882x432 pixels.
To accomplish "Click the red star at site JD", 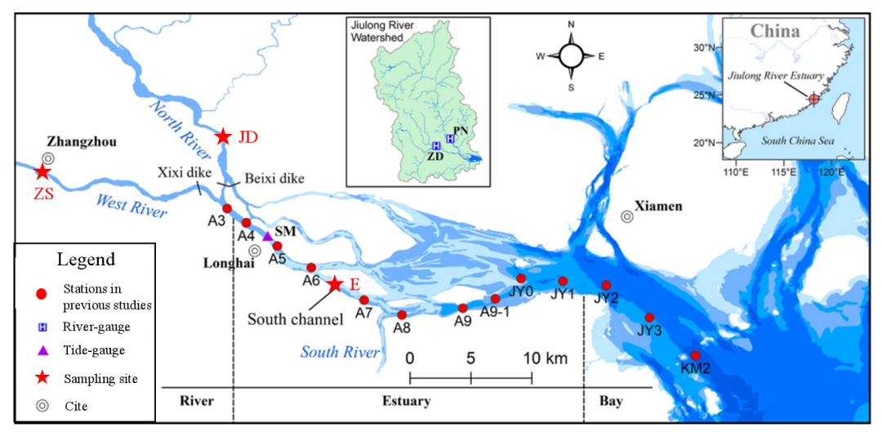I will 222,137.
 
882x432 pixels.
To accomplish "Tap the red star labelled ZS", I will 42,172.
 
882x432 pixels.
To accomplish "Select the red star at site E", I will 335,284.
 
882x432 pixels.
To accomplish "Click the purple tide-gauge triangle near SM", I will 267,236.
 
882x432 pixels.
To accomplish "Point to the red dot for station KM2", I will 695,355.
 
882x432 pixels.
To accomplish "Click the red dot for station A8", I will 401,314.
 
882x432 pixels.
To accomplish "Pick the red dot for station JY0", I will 521,278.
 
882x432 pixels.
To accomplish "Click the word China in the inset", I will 776,32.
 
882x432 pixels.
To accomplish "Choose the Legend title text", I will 86,260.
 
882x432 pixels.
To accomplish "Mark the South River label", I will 340,353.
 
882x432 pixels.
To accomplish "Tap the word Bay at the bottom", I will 610,401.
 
